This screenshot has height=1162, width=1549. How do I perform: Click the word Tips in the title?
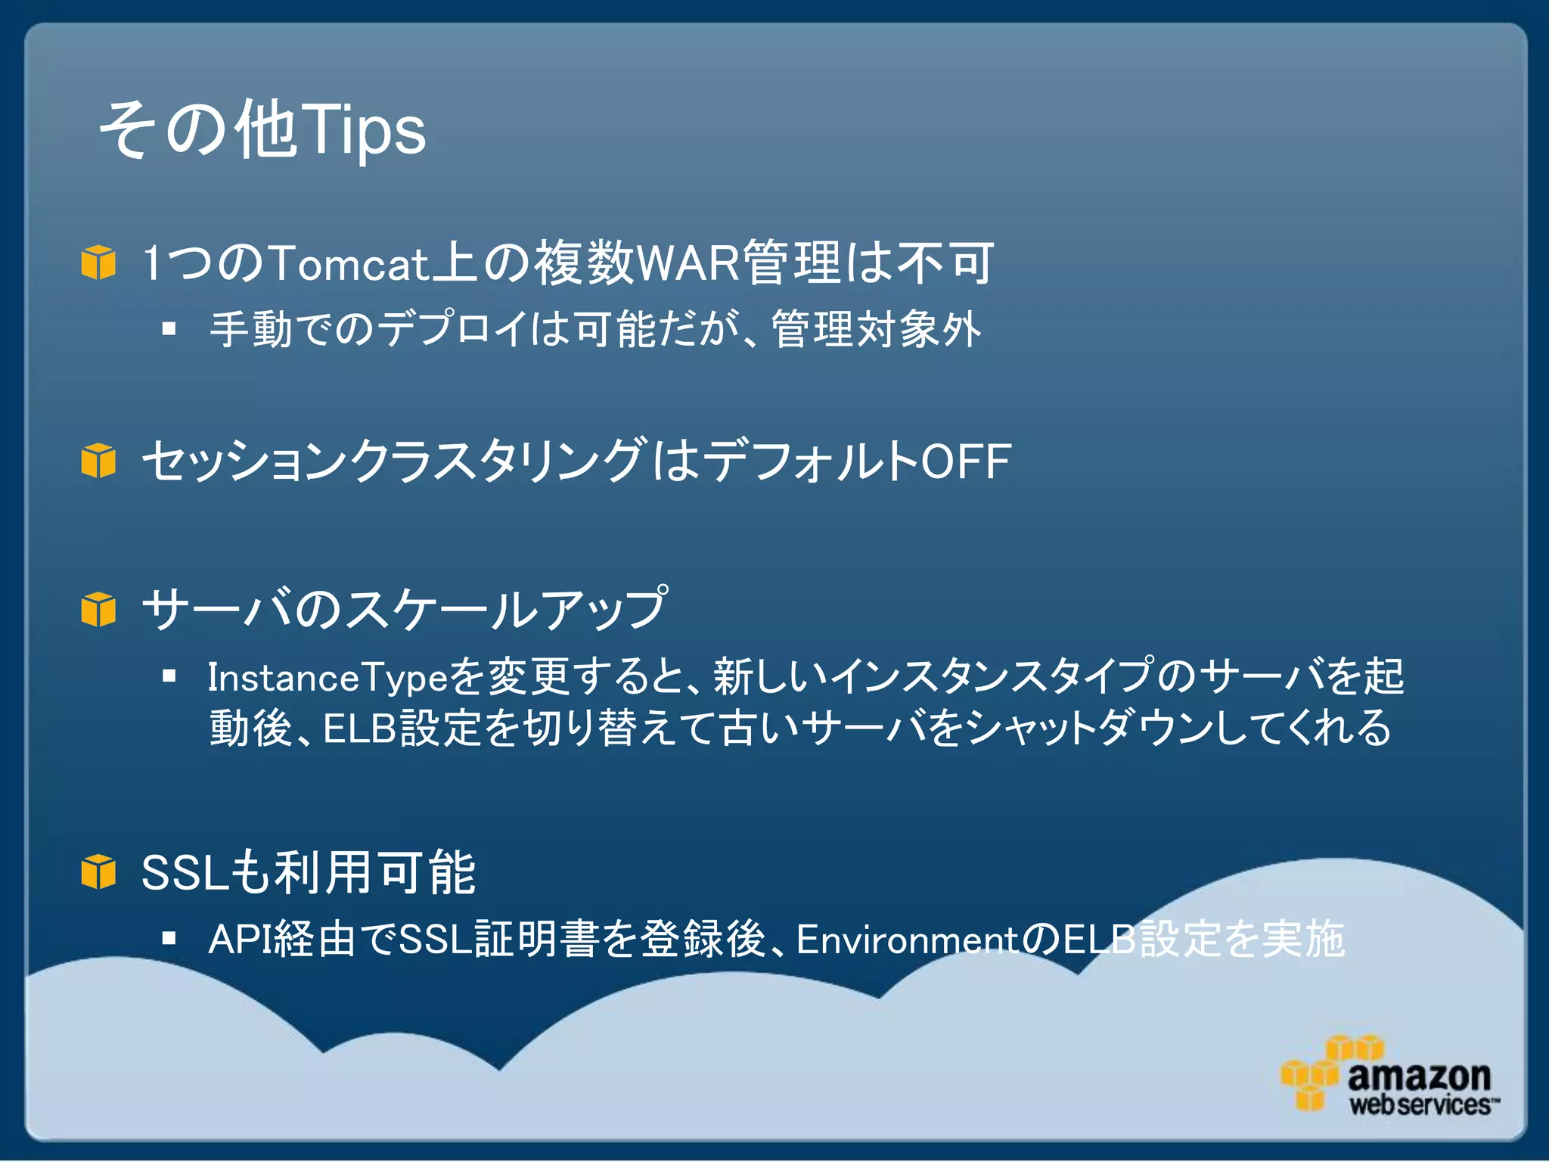[363, 130]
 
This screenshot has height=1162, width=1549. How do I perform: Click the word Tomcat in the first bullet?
[349, 263]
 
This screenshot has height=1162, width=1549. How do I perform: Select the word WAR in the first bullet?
[687, 263]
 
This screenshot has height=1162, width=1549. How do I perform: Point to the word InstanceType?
[328, 677]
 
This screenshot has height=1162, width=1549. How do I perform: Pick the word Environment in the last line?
[908, 940]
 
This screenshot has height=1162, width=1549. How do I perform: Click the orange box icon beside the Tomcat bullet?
[98, 263]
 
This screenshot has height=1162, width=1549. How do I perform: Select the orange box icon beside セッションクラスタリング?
[98, 461]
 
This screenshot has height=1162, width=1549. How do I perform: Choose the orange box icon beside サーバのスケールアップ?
[98, 610]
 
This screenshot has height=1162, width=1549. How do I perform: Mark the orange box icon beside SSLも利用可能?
[98, 871]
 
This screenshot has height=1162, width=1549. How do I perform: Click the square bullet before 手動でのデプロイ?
[169, 328]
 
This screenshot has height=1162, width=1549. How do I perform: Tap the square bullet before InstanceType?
[169, 676]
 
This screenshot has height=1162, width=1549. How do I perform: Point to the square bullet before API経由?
[169, 939]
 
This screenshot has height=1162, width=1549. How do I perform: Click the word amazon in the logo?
[1419, 1076]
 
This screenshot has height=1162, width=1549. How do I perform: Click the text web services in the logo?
[1420, 1105]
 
